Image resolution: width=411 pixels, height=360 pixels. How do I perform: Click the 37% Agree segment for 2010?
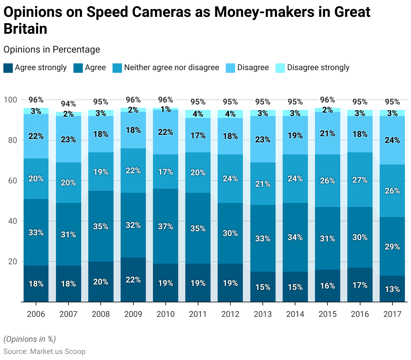pyautogui.click(x=165, y=226)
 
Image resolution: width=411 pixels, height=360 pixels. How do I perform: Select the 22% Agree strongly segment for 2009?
pyautogui.click(x=133, y=280)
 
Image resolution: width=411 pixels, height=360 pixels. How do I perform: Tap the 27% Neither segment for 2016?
pyautogui.click(x=360, y=180)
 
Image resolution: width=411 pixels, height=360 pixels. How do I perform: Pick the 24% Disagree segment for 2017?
pyautogui.click(x=392, y=140)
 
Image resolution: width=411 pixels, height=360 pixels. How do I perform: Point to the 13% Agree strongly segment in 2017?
pyautogui.click(x=392, y=289)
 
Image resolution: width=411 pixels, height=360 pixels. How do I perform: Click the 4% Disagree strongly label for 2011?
pyautogui.click(x=198, y=114)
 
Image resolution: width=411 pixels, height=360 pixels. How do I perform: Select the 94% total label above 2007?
pyautogui.click(x=68, y=104)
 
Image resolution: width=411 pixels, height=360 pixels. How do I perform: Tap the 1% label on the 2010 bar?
pyautogui.click(x=165, y=109)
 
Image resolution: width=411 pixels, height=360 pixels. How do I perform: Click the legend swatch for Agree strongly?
pyautogui.click(x=8, y=68)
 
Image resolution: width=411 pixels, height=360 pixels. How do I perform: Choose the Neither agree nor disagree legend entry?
pyautogui.click(x=171, y=67)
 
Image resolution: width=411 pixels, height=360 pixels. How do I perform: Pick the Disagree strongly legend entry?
pyautogui.click(x=318, y=67)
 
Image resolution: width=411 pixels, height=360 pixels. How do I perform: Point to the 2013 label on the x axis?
pyautogui.click(x=263, y=314)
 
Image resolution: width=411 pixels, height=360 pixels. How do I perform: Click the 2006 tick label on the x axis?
pyautogui.click(x=36, y=314)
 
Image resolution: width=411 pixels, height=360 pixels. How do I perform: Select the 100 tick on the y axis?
pyautogui.click(x=10, y=100)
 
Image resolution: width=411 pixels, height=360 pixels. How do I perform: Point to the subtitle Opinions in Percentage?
pyautogui.click(x=52, y=50)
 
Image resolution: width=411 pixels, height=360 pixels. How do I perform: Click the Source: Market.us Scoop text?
pyautogui.click(x=44, y=352)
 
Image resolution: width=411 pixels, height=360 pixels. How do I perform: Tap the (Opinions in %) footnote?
pyautogui.click(x=30, y=339)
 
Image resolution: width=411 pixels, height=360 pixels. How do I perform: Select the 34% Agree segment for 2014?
pyautogui.click(x=295, y=237)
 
